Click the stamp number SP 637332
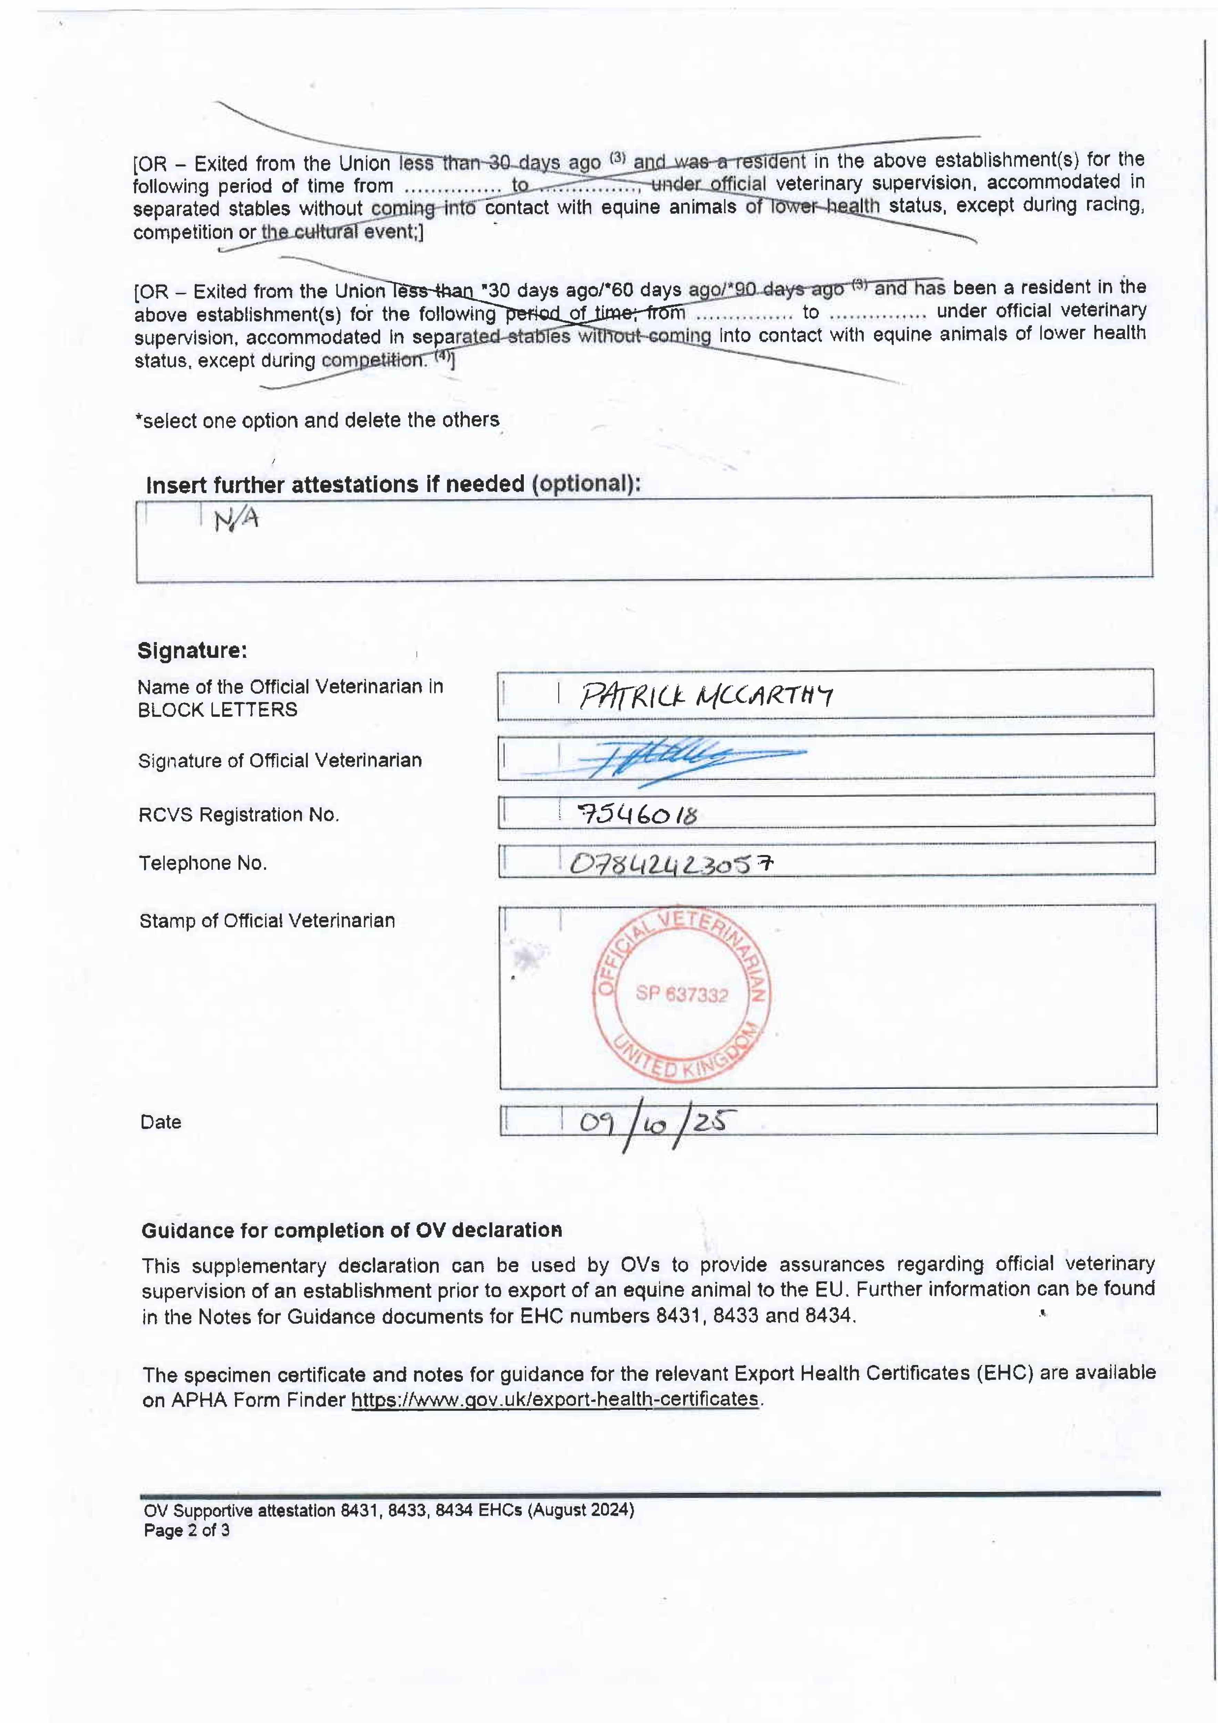[681, 994]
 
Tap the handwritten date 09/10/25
[653, 1123]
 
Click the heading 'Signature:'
[192, 650]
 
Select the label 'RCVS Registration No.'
[238, 815]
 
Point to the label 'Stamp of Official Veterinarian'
[267, 921]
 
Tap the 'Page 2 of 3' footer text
[187, 1530]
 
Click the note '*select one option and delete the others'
[317, 420]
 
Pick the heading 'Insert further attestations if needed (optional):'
[393, 484]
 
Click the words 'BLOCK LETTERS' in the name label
[217, 710]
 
